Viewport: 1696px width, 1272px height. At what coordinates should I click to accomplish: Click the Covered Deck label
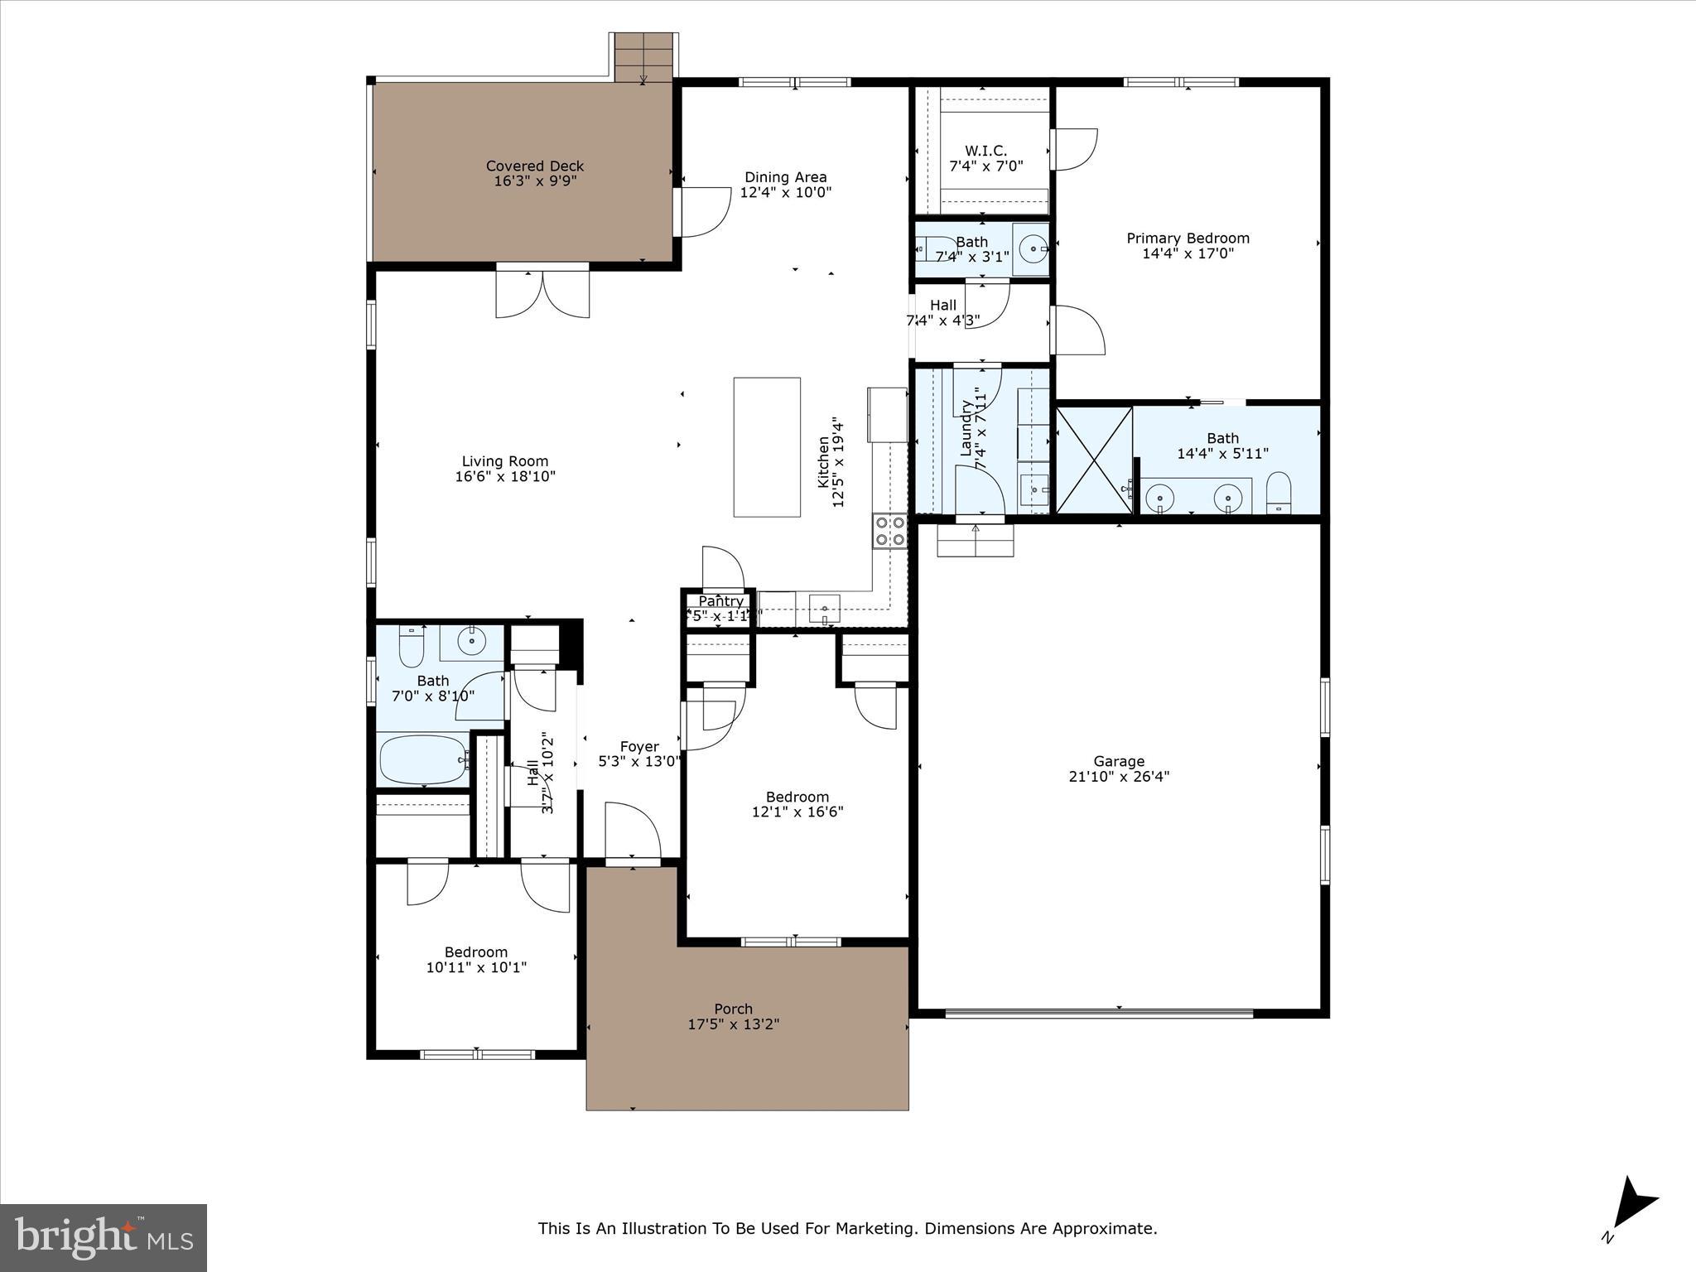pyautogui.click(x=535, y=166)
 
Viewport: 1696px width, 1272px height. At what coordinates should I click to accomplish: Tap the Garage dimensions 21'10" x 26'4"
pyautogui.click(x=1119, y=777)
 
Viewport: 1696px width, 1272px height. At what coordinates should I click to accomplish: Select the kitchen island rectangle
pyautogui.click(x=767, y=447)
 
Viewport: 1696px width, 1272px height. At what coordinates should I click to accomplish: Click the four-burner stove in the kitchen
pyautogui.click(x=889, y=531)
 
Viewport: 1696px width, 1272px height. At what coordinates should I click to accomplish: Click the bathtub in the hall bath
pyautogui.click(x=422, y=759)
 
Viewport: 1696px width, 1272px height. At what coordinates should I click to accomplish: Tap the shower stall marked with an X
pyautogui.click(x=1094, y=460)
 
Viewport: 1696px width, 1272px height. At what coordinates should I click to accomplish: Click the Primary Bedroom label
pyautogui.click(x=1188, y=238)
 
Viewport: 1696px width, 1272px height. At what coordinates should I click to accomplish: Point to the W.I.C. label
pyautogui.click(x=985, y=151)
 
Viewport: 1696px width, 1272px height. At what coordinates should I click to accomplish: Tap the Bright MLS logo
pyautogui.click(x=104, y=1237)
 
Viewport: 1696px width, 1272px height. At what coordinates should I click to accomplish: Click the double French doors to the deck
pyautogui.click(x=542, y=295)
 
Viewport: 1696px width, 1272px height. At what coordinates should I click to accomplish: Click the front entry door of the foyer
pyautogui.click(x=633, y=832)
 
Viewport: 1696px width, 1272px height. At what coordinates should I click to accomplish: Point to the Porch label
pyautogui.click(x=733, y=1009)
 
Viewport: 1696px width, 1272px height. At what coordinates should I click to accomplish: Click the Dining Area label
pyautogui.click(x=785, y=177)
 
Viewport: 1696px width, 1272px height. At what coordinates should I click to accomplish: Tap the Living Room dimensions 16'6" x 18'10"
pyautogui.click(x=505, y=477)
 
